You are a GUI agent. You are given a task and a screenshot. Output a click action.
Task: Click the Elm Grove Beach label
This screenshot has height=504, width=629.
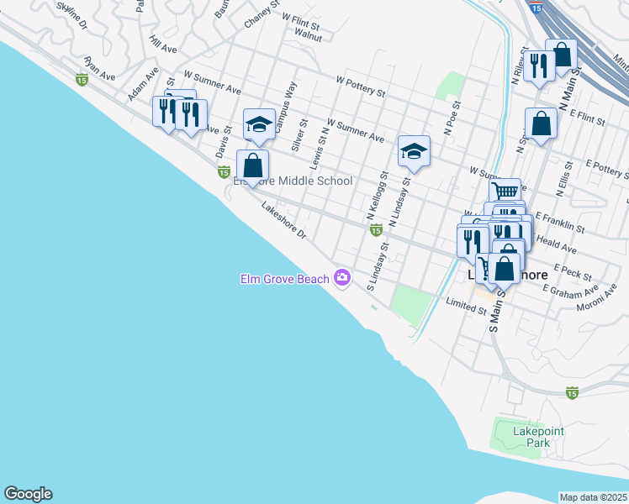click(x=284, y=279)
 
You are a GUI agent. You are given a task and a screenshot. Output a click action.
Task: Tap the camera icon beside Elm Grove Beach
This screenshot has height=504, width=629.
click(x=342, y=277)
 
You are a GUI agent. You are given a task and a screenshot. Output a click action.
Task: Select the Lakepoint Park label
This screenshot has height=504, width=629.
click(x=538, y=437)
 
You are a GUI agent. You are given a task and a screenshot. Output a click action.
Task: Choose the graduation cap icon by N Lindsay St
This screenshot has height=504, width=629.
click(x=414, y=152)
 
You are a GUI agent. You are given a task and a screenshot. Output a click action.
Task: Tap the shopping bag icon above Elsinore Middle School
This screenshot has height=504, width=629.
click(x=253, y=165)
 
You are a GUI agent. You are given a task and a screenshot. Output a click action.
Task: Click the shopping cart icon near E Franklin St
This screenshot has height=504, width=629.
click(x=505, y=192)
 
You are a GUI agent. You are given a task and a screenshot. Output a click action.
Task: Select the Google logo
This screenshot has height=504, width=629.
click(x=28, y=494)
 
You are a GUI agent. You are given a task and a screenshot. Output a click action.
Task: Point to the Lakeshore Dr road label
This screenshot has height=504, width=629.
click(x=283, y=221)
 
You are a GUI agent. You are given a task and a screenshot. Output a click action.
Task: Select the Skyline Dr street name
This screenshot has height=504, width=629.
click(x=71, y=14)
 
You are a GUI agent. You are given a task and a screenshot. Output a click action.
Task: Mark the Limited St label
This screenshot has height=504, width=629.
click(x=467, y=307)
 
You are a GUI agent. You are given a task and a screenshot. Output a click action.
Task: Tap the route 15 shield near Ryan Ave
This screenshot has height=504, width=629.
click(x=82, y=79)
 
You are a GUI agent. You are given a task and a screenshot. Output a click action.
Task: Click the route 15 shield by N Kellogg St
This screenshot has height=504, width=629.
click(x=376, y=229)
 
